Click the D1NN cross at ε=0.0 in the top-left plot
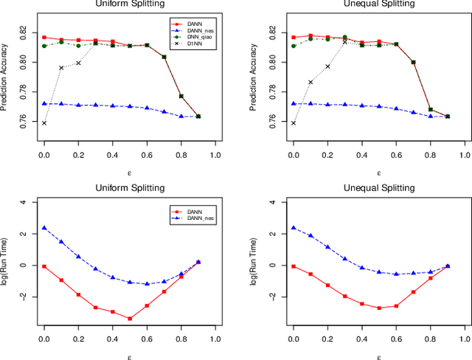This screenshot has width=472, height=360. click(x=44, y=122)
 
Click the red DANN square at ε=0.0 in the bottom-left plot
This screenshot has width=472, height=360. click(x=44, y=266)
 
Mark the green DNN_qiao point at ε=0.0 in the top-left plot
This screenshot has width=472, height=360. click(x=44, y=46)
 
